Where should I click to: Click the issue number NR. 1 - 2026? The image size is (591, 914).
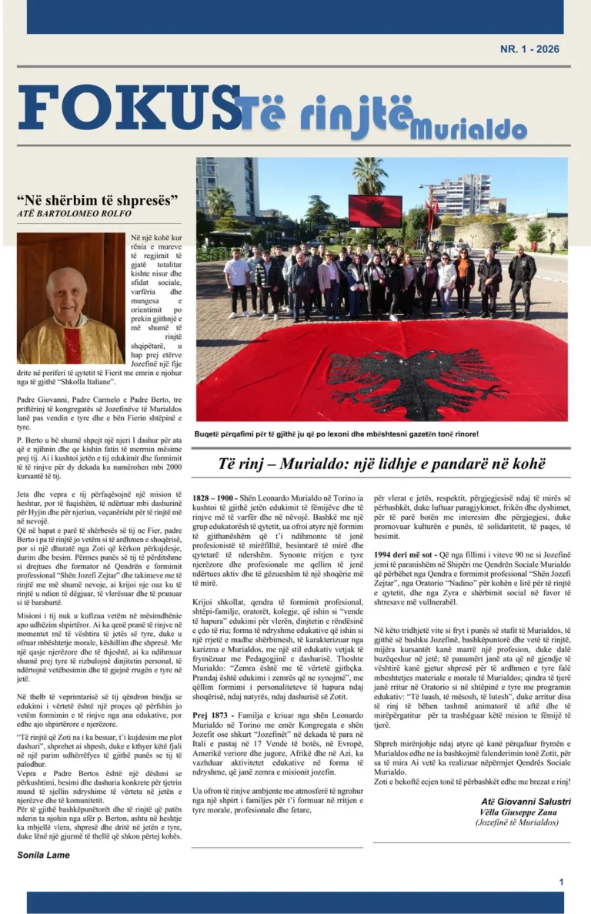[x=529, y=49]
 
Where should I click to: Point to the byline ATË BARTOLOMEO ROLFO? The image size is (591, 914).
[x=74, y=213]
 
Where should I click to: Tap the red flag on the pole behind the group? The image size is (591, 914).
[x=375, y=210]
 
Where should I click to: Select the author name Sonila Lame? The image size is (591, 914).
[x=43, y=855]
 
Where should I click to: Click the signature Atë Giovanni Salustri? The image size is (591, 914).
[x=526, y=802]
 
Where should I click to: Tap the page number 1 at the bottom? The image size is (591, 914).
[x=562, y=882]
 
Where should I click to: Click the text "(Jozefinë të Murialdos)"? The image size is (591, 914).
[x=517, y=822]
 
